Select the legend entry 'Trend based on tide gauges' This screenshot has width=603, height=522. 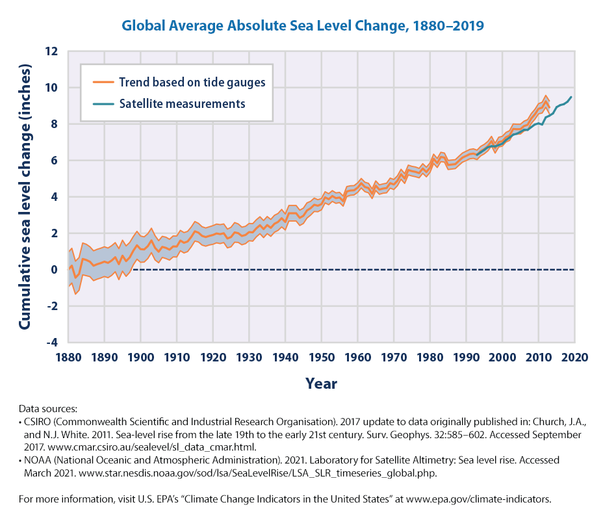point(192,83)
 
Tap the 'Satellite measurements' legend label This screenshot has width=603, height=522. point(181,103)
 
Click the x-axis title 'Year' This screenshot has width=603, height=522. point(321,384)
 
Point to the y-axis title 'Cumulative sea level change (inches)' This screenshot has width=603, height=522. point(26,196)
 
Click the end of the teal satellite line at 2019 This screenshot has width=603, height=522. point(571,98)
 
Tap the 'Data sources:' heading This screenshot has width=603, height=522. point(47,410)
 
